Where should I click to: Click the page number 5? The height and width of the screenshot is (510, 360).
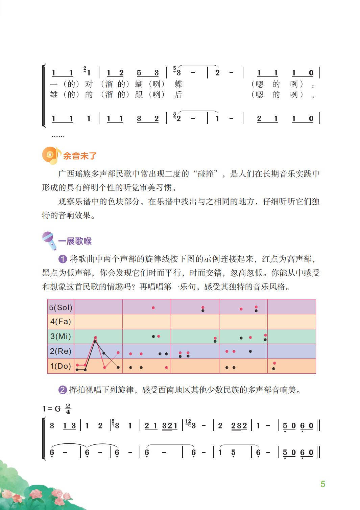coord(322,484)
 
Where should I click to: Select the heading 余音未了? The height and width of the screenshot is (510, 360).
coord(80,156)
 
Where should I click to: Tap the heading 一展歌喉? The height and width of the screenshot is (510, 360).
coord(75,241)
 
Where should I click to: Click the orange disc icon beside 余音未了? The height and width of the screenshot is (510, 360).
coord(50,156)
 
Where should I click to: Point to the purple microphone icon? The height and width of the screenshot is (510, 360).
coord(49,241)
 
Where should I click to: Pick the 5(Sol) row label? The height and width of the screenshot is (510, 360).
coord(61,307)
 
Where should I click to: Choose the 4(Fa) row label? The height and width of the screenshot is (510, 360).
coord(61,321)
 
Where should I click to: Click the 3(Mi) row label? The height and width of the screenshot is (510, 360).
coord(61,336)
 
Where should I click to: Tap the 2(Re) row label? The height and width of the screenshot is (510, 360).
coord(61,351)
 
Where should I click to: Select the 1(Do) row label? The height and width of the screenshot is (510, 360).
coord(61,366)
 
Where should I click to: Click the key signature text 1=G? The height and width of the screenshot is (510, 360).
coord(51,409)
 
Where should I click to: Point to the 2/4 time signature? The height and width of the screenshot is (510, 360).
coord(68,409)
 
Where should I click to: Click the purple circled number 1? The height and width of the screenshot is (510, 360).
coord(63,259)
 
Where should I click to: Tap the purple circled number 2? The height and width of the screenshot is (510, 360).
coord(63,390)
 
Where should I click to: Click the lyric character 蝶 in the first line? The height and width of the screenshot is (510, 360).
coord(178,84)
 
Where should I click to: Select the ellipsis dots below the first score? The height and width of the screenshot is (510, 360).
coord(58,136)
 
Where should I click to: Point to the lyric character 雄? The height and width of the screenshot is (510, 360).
coord(54,95)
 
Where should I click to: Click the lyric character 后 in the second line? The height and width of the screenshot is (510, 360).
coord(178,95)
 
